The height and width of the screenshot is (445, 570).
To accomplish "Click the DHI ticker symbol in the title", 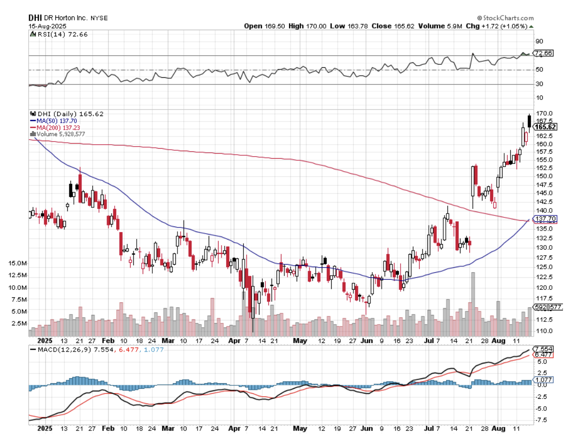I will click(x=34, y=18).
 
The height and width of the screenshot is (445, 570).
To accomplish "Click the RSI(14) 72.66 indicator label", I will click(x=56, y=34).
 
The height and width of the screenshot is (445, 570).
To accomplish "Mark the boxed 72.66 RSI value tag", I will click(x=544, y=53).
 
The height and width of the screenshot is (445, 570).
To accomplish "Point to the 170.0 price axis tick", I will click(x=544, y=114).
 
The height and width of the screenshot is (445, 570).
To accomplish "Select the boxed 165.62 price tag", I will click(x=545, y=127).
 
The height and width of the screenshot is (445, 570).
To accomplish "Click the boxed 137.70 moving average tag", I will click(x=545, y=219).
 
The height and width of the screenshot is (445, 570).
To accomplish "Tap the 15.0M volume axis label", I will click(x=18, y=263).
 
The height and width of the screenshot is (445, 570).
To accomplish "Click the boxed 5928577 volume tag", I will click(x=548, y=306).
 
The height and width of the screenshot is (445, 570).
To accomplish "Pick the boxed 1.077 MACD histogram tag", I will click(x=543, y=380).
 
